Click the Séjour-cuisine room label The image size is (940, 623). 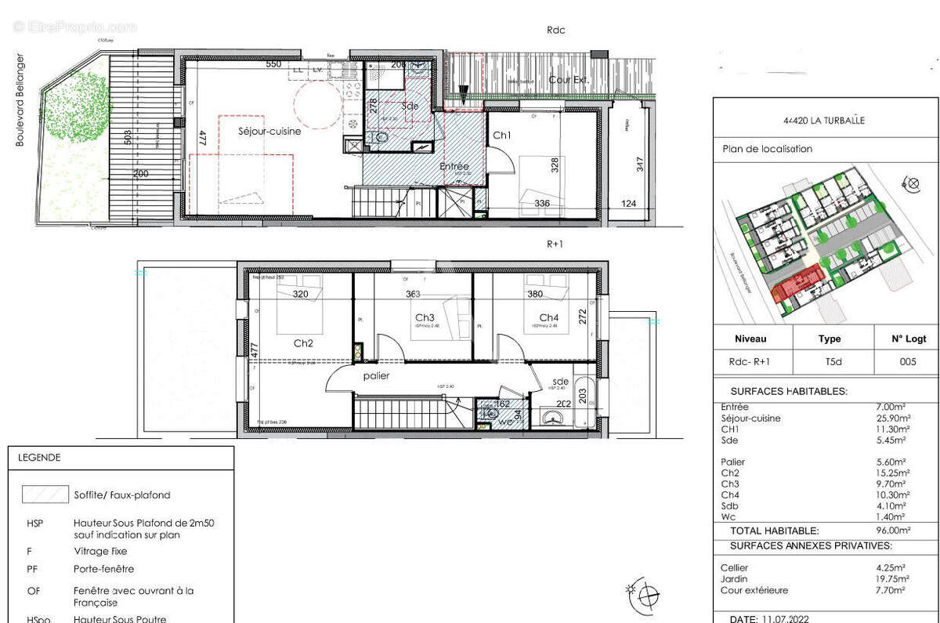point(269,132)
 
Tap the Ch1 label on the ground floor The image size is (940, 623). point(501,136)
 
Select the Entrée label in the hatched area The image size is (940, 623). point(454,166)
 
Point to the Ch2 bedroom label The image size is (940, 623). point(303,343)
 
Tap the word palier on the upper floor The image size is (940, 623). point(376,376)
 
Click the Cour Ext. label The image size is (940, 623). point(569,79)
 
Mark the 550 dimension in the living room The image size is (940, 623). point(273,65)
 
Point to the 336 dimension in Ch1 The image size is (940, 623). point(542,204)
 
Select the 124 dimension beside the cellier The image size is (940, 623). point(630,205)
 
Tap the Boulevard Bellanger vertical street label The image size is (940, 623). point(20,100)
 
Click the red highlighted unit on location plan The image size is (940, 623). point(796,284)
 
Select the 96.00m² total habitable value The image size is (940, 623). point(892,531)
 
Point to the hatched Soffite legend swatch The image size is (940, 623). point(44,494)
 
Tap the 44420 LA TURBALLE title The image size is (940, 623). point(823,121)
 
